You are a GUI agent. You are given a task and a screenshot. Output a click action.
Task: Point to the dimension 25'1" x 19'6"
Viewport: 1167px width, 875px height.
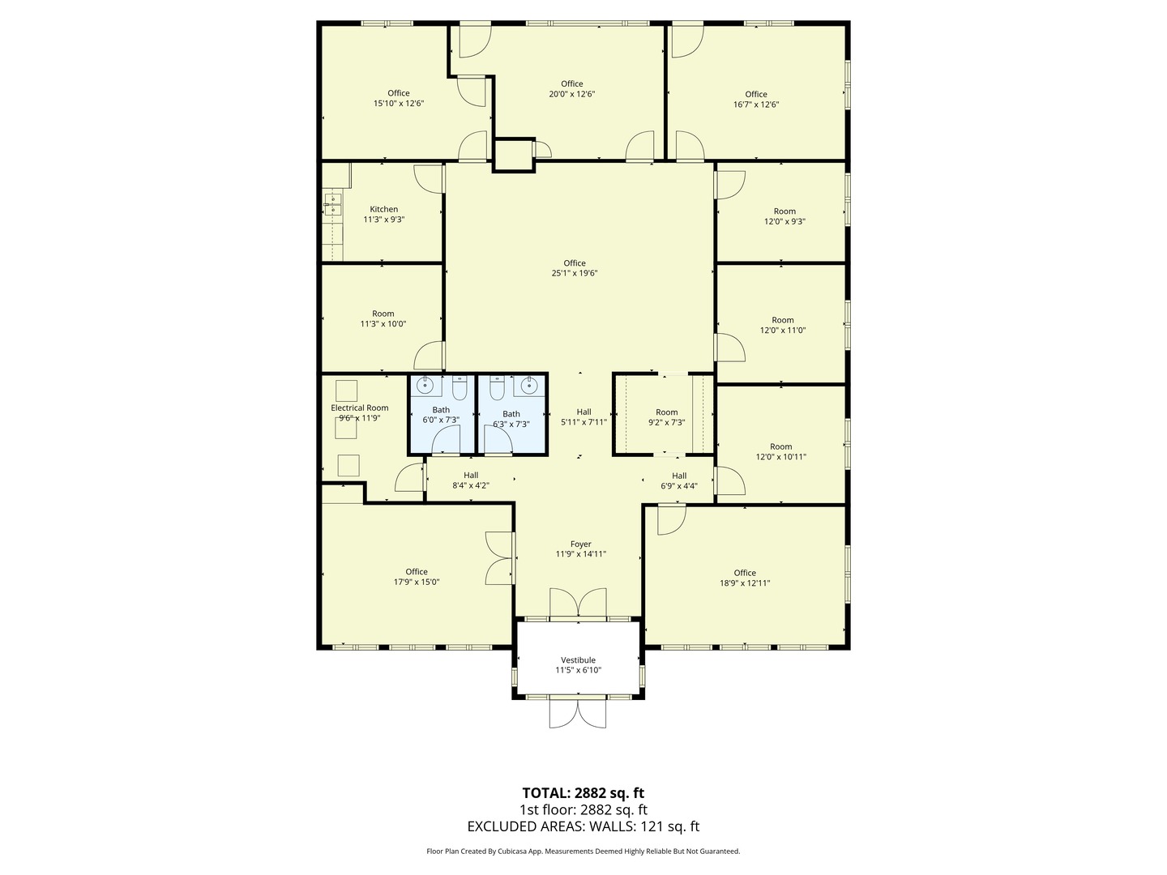tap(575, 274)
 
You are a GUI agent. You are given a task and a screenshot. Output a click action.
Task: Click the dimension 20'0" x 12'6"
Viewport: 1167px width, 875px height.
tap(571, 94)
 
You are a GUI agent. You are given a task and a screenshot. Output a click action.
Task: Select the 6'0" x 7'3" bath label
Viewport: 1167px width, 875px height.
tap(441, 415)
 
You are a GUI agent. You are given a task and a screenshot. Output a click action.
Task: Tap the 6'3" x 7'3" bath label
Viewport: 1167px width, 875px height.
tap(511, 419)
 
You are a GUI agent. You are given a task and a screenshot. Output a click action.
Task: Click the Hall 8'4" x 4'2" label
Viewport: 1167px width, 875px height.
tap(471, 480)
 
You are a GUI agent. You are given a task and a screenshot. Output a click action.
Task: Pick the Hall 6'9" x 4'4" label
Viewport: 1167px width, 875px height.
tap(679, 480)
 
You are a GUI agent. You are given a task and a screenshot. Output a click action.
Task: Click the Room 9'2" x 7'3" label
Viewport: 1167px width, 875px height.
tap(666, 417)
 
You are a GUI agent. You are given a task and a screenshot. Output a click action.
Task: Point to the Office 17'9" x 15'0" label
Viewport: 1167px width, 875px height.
tap(417, 577)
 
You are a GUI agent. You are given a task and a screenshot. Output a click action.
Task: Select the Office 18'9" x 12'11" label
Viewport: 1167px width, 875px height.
tap(745, 578)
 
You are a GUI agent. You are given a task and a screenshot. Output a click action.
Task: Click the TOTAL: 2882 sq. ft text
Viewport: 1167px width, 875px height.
tap(583, 792)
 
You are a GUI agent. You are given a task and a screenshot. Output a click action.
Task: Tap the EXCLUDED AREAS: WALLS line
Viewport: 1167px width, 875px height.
tap(583, 826)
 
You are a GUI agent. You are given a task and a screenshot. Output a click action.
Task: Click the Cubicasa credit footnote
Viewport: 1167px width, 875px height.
tap(583, 852)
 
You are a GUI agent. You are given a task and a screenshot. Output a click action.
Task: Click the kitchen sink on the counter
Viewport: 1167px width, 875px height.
tap(332, 204)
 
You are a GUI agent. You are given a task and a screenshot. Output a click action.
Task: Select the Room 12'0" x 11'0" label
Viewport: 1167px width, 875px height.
tap(782, 325)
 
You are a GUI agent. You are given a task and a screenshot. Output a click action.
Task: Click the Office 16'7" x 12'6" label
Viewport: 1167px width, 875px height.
tap(755, 99)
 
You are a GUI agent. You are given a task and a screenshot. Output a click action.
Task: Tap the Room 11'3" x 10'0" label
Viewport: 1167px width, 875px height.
tap(383, 318)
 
